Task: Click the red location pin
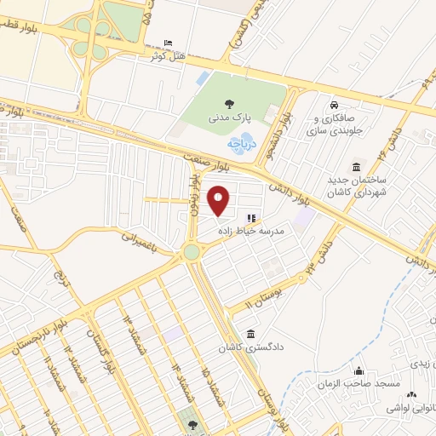click(x=219, y=200)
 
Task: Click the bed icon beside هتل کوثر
click(x=167, y=42)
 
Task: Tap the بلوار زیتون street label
click(x=195, y=193)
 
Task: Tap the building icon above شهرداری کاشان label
click(x=355, y=167)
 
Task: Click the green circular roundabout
click(x=192, y=252)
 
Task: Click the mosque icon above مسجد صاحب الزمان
click(x=360, y=371)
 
